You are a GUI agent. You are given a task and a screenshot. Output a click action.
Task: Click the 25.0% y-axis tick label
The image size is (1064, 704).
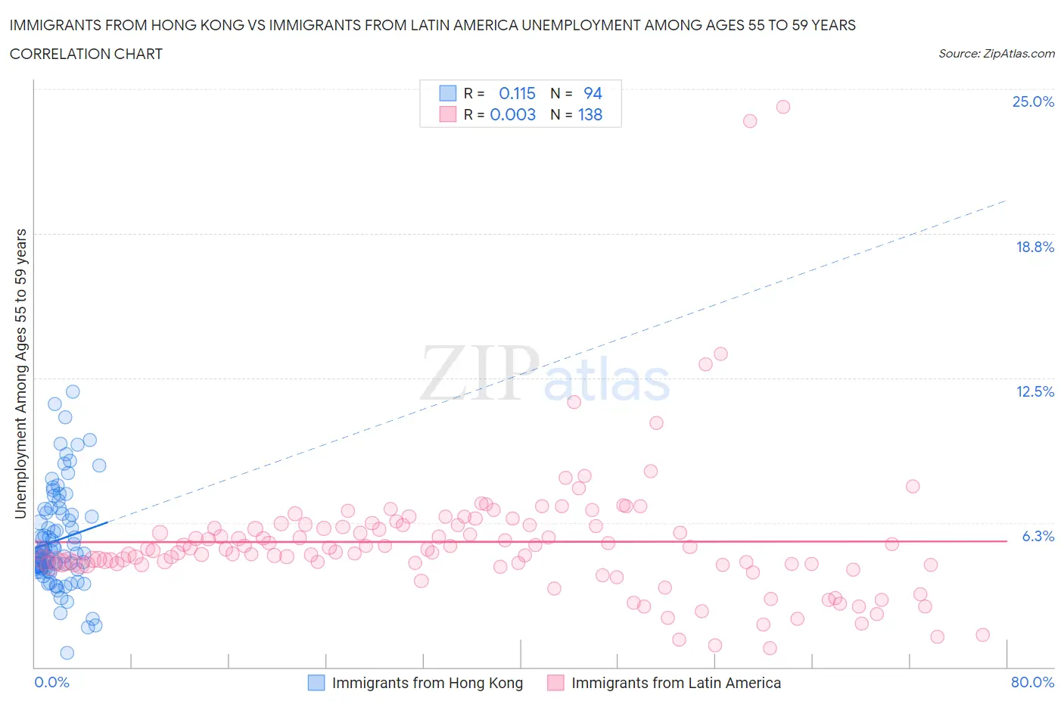click(1033, 101)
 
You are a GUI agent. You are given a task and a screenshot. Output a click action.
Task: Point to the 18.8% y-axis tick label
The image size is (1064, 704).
click(1034, 247)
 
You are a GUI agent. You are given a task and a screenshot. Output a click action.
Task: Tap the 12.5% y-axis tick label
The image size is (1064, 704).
click(1034, 391)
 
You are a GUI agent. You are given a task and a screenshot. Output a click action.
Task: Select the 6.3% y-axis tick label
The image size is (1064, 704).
click(1038, 536)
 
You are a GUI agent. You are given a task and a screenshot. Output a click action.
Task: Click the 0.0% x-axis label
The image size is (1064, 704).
click(51, 682)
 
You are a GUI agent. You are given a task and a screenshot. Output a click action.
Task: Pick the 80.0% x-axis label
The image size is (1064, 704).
click(1032, 682)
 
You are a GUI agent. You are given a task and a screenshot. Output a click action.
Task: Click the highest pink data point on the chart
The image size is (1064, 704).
click(783, 107)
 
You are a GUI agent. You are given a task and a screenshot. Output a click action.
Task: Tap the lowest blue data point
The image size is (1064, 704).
click(67, 653)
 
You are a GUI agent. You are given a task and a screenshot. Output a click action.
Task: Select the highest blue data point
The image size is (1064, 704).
click(73, 391)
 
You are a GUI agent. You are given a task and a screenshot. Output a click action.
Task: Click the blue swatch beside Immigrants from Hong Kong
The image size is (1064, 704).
click(316, 683)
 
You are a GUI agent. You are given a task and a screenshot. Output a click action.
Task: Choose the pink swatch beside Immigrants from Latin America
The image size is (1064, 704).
click(555, 683)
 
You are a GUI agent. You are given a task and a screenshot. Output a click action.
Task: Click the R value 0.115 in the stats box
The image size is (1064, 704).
click(517, 93)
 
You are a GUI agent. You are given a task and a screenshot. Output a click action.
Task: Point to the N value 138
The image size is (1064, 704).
click(590, 114)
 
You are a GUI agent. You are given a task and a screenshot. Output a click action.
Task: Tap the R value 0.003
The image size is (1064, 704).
click(512, 114)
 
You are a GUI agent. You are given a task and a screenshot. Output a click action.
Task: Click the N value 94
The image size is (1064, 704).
click(593, 93)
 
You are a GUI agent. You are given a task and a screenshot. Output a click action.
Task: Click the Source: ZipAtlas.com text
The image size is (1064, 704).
click(996, 53)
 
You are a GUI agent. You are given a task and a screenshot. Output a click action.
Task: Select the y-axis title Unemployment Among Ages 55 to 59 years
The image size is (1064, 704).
click(21, 373)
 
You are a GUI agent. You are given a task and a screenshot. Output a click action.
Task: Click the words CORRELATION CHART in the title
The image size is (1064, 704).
click(86, 54)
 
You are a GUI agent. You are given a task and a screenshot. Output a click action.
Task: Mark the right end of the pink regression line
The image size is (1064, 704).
click(1006, 541)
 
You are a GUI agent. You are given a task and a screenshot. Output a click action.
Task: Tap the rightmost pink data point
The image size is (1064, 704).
click(982, 634)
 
